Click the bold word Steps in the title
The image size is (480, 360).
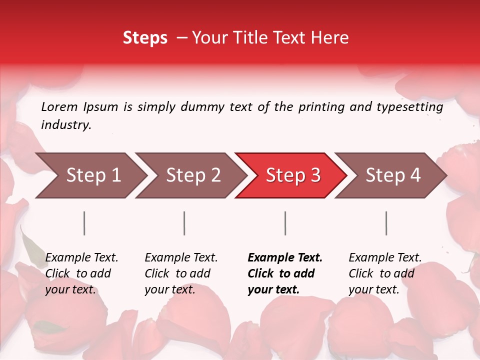pyautogui.click(x=145, y=38)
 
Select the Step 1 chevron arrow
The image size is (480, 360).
pyautogui.click(x=90, y=175)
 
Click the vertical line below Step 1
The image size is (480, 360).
pyautogui.click(x=84, y=223)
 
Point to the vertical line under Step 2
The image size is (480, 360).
pyautogui.click(x=184, y=223)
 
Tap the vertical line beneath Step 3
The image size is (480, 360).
pyautogui.click(x=285, y=223)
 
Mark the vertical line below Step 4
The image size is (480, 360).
pyautogui.click(x=386, y=223)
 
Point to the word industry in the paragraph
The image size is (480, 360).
pyautogui.click(x=65, y=125)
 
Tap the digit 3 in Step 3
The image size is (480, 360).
pyautogui.click(x=315, y=175)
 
